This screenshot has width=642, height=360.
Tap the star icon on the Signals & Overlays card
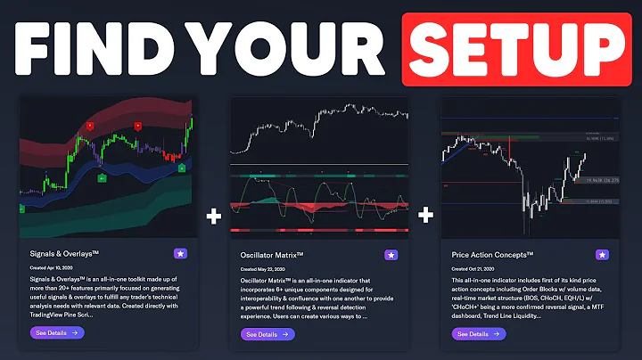click(179, 254)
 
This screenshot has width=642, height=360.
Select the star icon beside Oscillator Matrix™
click(391, 255)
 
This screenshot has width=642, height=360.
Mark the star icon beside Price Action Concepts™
click(603, 255)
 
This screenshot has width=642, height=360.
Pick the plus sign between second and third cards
click(426, 215)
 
